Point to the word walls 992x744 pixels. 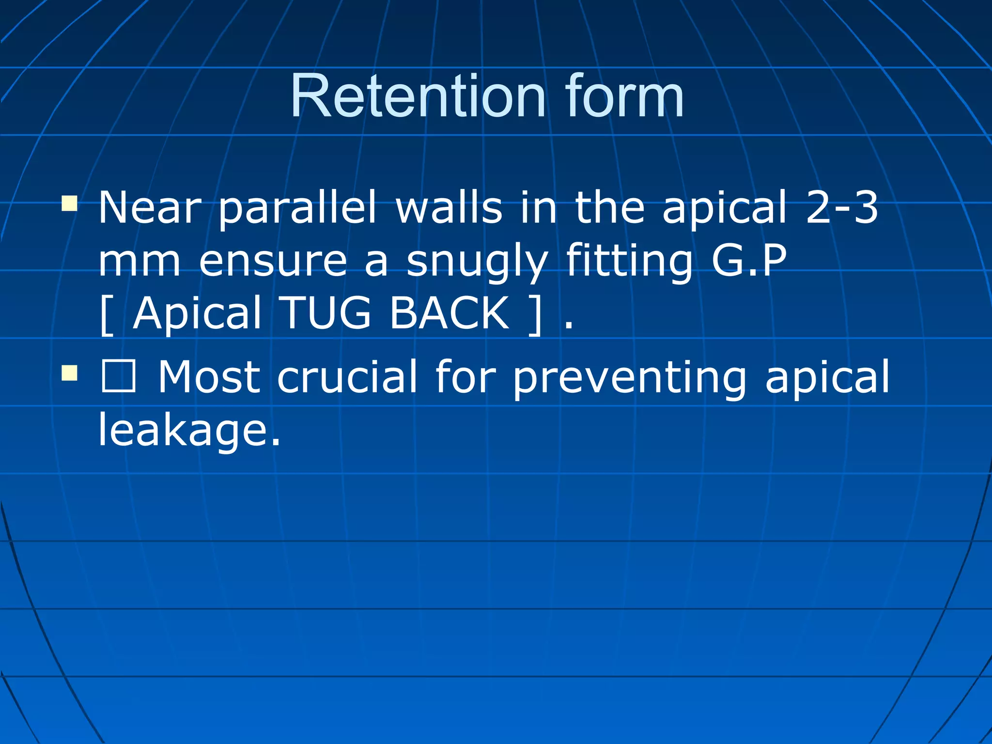pyautogui.click(x=449, y=208)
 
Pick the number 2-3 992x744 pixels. pyautogui.click(x=842, y=208)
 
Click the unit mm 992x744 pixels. pyautogui.click(x=139, y=262)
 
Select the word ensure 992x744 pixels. pyautogui.click(x=273, y=262)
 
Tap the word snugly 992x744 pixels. pyautogui.click(x=477, y=262)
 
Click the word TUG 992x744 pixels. pyautogui.click(x=326, y=313)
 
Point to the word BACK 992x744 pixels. pyautogui.click(x=449, y=313)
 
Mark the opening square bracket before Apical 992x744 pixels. pyautogui.click(x=107, y=315)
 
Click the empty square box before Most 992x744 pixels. pyautogui.click(x=118, y=376)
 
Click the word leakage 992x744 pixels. pyautogui.click(x=189, y=430)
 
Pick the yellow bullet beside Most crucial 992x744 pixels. pyautogui.click(x=69, y=373)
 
